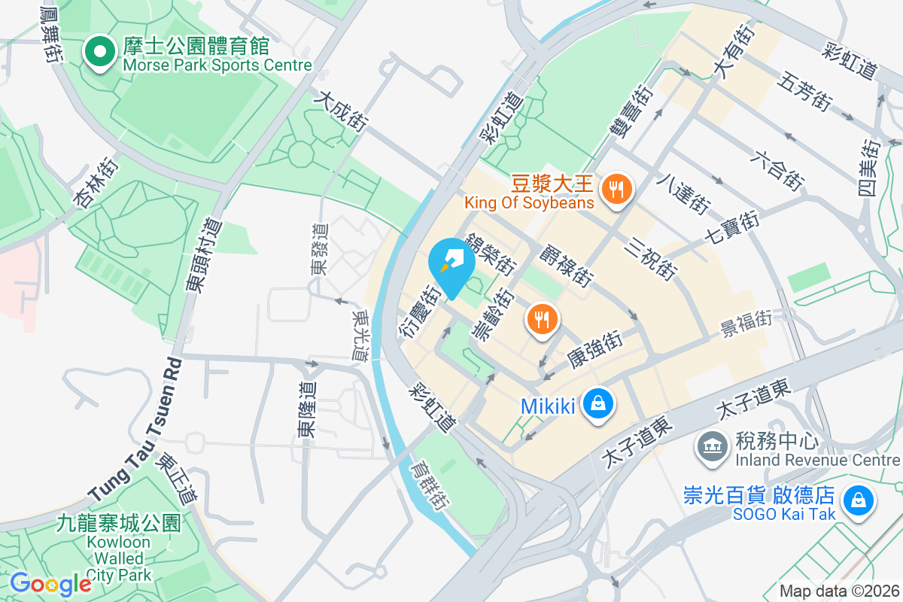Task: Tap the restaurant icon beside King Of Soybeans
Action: coord(617,187)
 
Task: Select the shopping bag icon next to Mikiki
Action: coord(597,405)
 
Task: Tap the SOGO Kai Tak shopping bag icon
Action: coord(857,500)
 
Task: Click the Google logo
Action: coord(50,584)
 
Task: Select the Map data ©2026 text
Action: coord(838,591)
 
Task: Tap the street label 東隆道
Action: coord(306,409)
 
